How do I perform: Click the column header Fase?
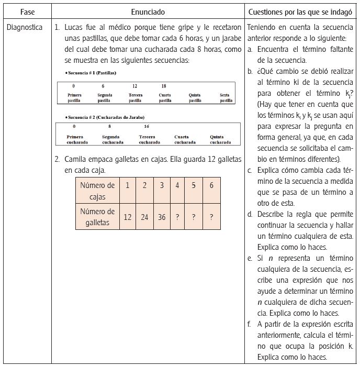27,11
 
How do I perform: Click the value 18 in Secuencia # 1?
164,86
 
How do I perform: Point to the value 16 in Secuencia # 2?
146,126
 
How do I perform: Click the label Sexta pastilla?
226,97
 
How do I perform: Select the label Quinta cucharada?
220,140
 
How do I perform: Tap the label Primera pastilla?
74,97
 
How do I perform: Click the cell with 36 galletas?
162,217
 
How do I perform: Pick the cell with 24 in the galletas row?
144,217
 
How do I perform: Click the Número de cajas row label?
97,191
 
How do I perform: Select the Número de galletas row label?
97,217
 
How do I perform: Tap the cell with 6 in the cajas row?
211,185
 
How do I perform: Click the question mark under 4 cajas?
177,217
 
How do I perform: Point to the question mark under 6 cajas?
211,217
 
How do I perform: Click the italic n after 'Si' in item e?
271,258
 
